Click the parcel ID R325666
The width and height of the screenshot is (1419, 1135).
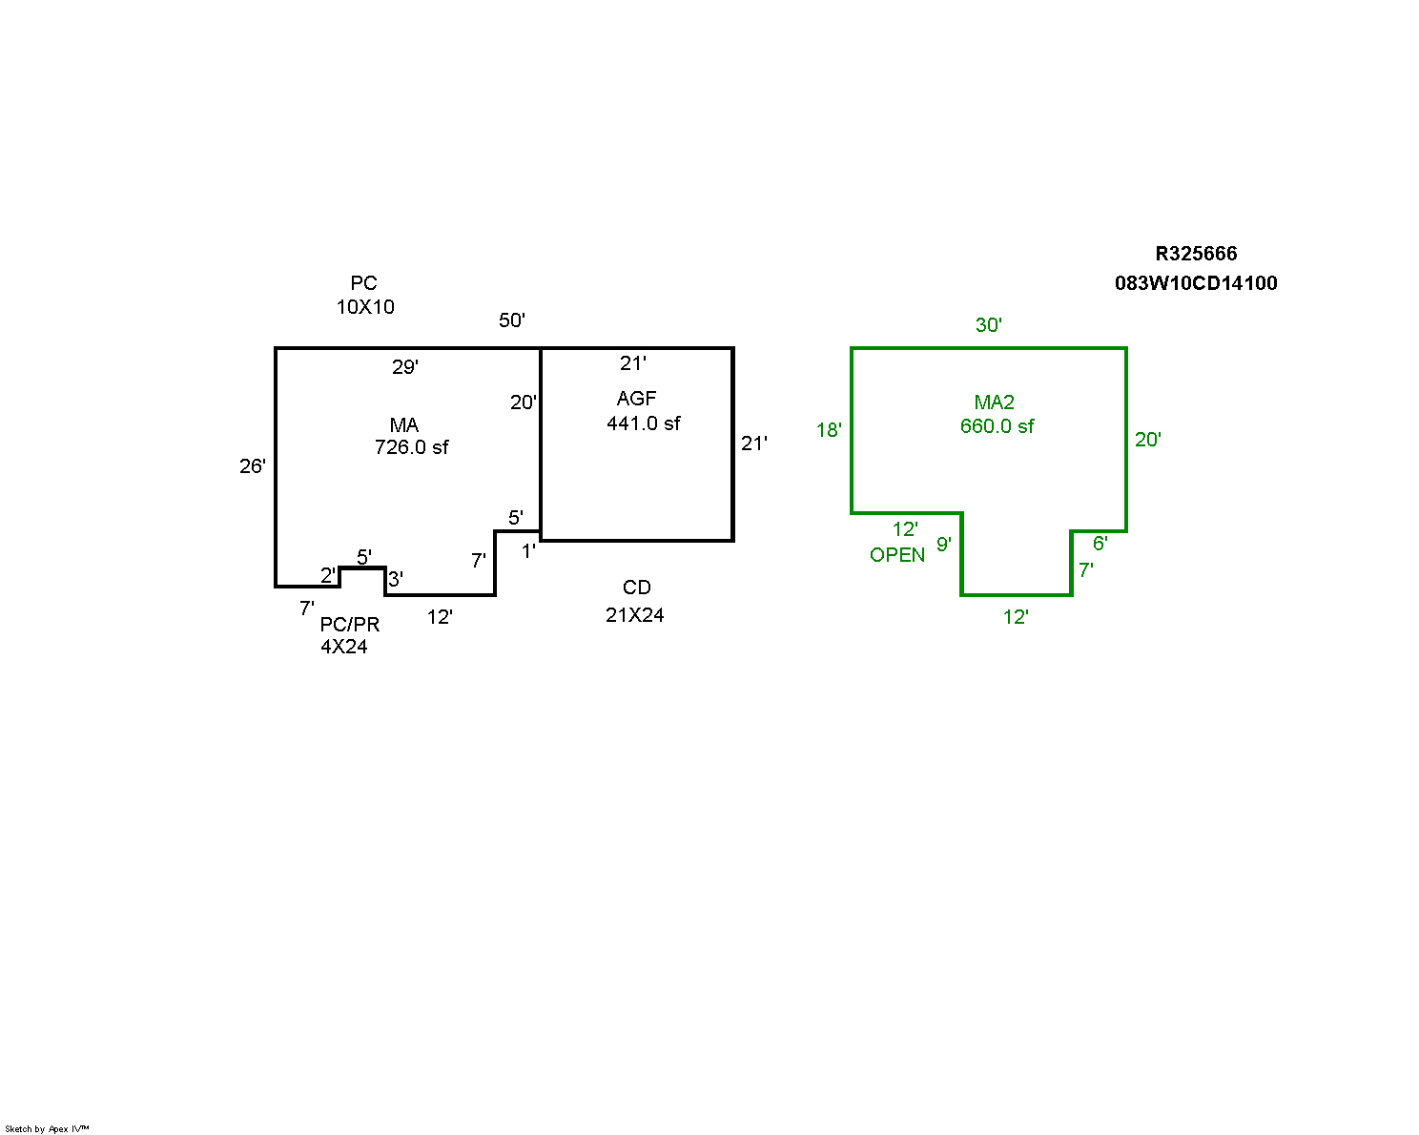(x=1196, y=254)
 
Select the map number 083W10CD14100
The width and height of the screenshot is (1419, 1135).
(x=1196, y=283)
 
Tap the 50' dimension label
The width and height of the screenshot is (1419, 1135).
(x=512, y=320)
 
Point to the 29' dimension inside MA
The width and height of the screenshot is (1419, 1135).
(x=405, y=367)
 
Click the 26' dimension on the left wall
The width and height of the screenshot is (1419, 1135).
(x=253, y=466)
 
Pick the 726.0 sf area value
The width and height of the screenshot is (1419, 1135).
(x=412, y=447)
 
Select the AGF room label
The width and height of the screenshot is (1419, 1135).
(x=637, y=399)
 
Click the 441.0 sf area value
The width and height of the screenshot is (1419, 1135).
(x=644, y=423)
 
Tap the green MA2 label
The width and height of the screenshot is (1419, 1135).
(x=994, y=402)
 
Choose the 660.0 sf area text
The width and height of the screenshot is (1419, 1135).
(x=997, y=426)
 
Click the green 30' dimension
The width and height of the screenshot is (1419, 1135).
(x=989, y=325)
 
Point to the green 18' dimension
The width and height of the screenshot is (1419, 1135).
(x=829, y=430)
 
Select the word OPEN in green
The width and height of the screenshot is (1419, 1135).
(x=897, y=555)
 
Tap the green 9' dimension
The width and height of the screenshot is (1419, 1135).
(x=944, y=545)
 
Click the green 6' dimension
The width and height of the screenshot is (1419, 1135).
(x=1100, y=544)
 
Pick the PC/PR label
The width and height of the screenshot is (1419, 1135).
(x=350, y=625)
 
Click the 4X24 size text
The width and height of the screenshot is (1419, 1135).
(x=344, y=647)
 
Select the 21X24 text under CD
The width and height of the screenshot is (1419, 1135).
(x=635, y=615)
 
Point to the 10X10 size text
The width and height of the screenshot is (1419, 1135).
(x=365, y=307)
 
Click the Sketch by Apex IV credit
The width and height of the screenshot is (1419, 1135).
(x=47, y=1129)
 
